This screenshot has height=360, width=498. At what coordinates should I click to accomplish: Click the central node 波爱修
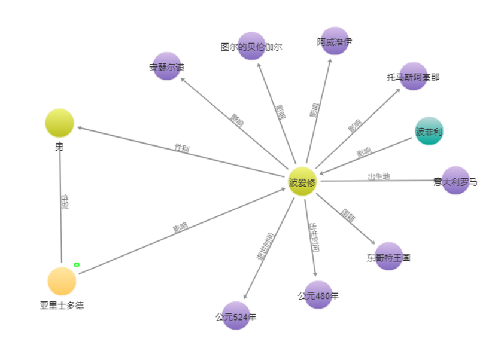point(302,181)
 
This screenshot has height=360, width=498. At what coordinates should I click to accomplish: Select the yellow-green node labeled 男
point(59,123)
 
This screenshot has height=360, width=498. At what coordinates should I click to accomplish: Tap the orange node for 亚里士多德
point(62,281)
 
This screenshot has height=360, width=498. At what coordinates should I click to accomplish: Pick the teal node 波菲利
point(429,131)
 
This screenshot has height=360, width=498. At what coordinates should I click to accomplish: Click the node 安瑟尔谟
point(167,66)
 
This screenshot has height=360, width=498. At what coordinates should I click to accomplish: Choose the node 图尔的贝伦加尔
point(251,46)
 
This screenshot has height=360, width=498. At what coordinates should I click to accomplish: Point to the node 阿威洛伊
point(334,41)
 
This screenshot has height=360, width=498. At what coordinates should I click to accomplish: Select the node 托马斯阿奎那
point(413,77)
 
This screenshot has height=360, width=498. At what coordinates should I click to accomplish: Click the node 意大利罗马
point(455,181)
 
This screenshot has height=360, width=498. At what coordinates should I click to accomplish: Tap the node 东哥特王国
point(388,257)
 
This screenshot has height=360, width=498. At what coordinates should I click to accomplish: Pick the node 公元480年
point(318,295)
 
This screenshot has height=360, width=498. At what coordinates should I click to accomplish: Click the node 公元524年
point(236,316)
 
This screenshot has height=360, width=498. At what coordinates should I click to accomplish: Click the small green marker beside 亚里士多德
point(77,264)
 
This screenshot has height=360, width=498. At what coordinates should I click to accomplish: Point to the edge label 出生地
point(378,176)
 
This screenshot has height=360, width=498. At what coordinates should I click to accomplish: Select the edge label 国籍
point(348,215)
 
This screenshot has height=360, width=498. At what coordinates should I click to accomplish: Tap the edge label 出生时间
point(313,237)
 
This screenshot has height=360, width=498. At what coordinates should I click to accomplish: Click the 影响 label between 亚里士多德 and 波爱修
point(180,227)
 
